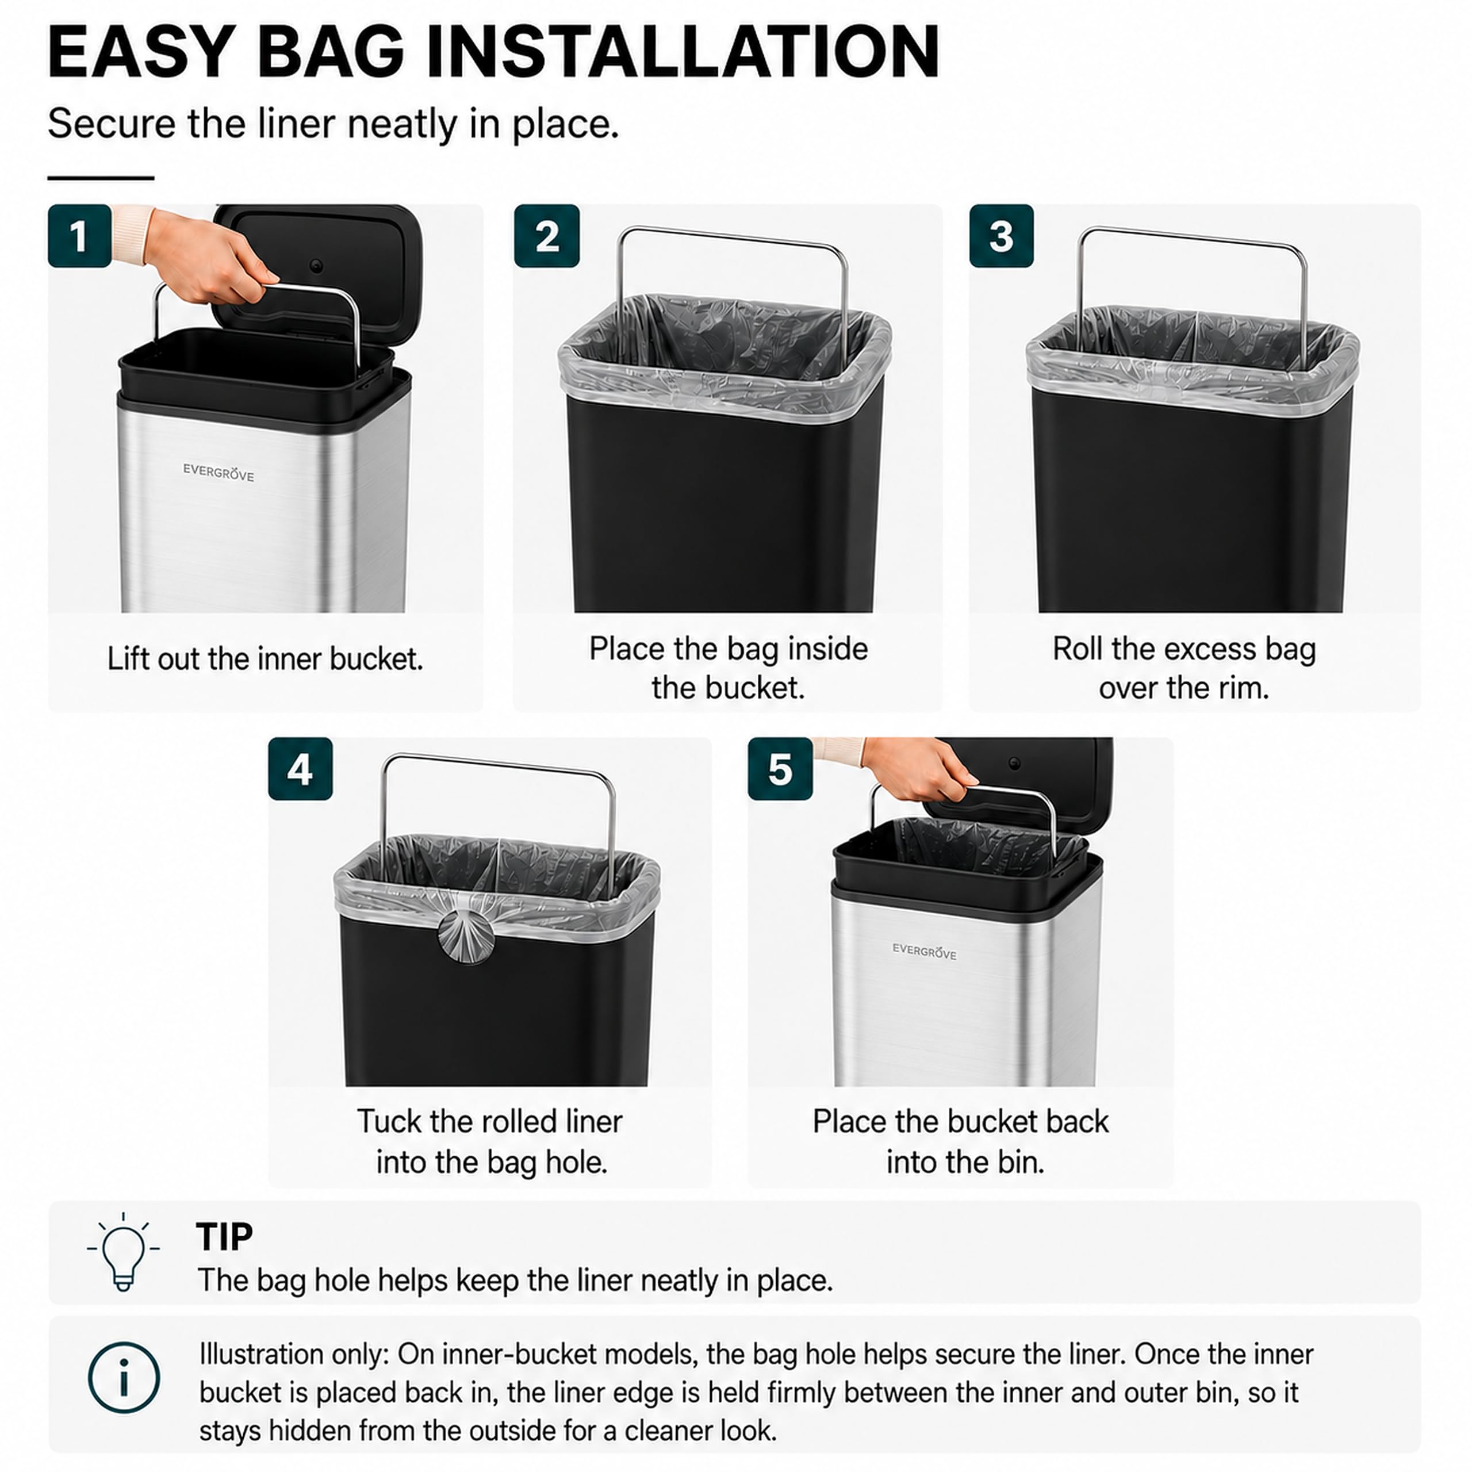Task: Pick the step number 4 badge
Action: tap(300, 769)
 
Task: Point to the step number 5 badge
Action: tap(780, 769)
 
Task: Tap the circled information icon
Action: tap(124, 1378)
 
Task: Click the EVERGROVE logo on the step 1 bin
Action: tap(218, 473)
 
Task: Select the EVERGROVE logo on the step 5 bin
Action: tap(924, 951)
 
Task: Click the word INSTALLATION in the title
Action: tap(683, 52)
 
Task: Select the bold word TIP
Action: tap(224, 1237)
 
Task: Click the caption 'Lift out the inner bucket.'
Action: tap(265, 659)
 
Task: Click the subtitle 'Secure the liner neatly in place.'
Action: tap(333, 124)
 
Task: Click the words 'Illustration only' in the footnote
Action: tap(293, 1355)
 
